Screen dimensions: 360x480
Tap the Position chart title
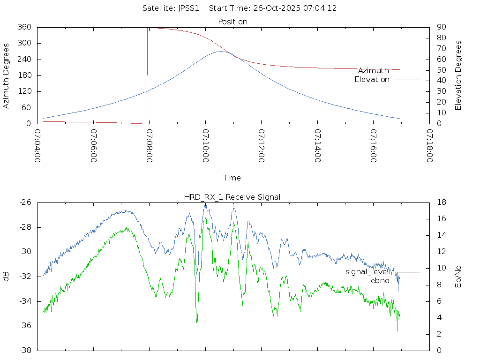click(x=233, y=22)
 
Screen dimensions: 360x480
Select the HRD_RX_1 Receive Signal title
click(x=232, y=197)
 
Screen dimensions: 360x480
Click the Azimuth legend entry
click(x=374, y=70)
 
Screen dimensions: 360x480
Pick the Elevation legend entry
click(x=372, y=80)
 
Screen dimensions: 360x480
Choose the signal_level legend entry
click(x=367, y=271)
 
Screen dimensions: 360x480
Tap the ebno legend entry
click(x=380, y=281)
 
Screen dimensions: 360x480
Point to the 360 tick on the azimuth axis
click(x=24, y=27)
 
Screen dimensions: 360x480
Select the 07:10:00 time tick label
click(x=206, y=146)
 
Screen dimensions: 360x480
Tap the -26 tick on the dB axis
click(x=25, y=202)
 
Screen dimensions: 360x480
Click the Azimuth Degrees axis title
click(x=7, y=75)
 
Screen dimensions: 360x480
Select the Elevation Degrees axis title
click(x=458, y=75)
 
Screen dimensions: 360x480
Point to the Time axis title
click(x=232, y=178)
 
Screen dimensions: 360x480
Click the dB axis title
click(x=7, y=277)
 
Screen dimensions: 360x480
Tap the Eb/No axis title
click(x=458, y=277)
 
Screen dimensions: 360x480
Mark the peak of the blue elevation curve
click(x=222, y=51)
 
